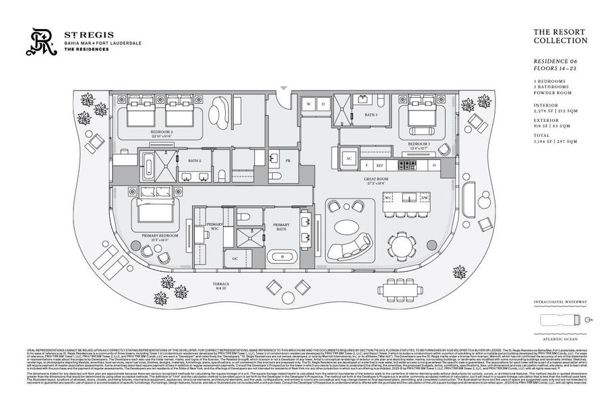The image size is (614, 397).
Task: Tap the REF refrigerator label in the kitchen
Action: tap(380, 164)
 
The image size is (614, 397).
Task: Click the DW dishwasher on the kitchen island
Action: tap(423, 198)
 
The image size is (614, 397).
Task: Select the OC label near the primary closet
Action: tap(235, 258)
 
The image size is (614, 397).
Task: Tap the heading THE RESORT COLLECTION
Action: tap(560, 36)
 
